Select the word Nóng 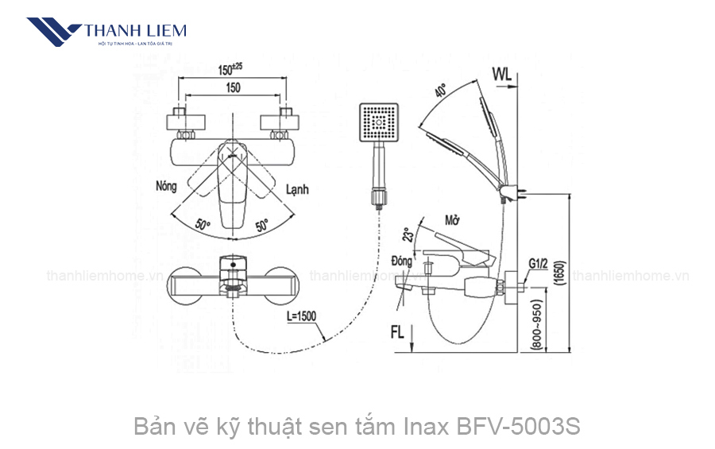tap(167, 187)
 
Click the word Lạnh tap(296, 189)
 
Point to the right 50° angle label tap(261, 226)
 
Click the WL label tap(501, 74)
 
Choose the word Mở tap(453, 220)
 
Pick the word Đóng tap(402, 261)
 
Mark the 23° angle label tap(408, 235)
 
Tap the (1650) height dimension tap(560, 278)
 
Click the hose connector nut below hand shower tap(379, 195)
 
